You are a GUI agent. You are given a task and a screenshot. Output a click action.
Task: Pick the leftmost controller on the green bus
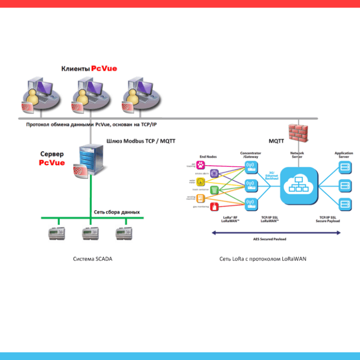pos(55,233)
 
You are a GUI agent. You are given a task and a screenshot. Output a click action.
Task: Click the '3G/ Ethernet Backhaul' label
pos(272,176)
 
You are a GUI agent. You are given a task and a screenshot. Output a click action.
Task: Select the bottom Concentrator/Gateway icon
pos(250,203)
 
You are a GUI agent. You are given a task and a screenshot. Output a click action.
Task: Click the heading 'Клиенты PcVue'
pos(89,68)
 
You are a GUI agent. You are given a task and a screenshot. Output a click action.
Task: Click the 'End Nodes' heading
pos(208,157)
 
